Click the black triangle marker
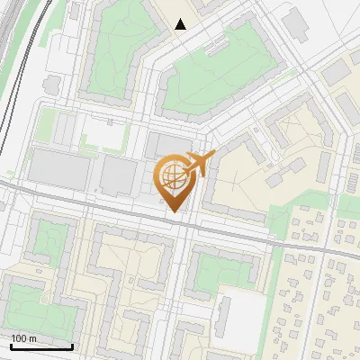coord(181,24)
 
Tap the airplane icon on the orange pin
coord(197,164)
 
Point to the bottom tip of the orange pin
coord(173,213)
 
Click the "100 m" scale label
coord(24,337)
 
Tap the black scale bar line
coord(41,346)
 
